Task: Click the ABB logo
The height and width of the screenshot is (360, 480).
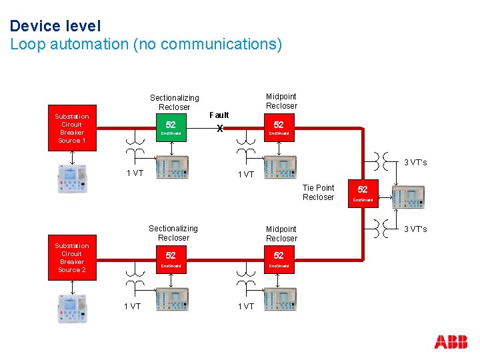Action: pos(451,342)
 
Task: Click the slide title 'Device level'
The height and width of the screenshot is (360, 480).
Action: pos(55,26)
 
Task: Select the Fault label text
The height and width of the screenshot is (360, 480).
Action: pos(219,115)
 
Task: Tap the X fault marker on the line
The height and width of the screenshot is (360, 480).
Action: pos(219,129)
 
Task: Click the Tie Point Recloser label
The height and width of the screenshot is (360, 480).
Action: pos(319,192)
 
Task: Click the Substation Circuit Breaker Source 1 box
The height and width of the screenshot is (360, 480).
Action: pos(72,128)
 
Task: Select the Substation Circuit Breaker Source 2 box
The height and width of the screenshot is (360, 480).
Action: pos(72,257)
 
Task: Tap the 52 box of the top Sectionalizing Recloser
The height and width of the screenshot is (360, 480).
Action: pos(171,128)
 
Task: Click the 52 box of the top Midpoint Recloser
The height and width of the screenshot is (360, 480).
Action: pos(279,128)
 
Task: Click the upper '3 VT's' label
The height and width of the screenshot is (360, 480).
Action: pos(415,163)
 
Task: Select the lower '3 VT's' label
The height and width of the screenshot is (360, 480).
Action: pos(415,229)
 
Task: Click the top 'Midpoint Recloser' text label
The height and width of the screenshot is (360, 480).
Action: pos(281,101)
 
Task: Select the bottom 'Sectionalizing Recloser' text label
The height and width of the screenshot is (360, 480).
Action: pos(173,233)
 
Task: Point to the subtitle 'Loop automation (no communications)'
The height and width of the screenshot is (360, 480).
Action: pos(146,45)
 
